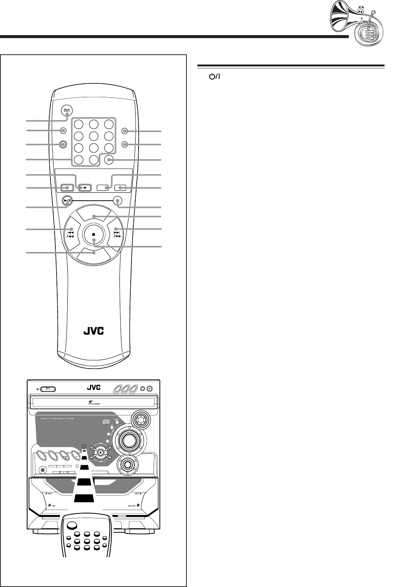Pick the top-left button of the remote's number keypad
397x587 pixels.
pyautogui.click(x=79, y=124)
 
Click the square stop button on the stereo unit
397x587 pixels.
pyautogui.click(x=101, y=452)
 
